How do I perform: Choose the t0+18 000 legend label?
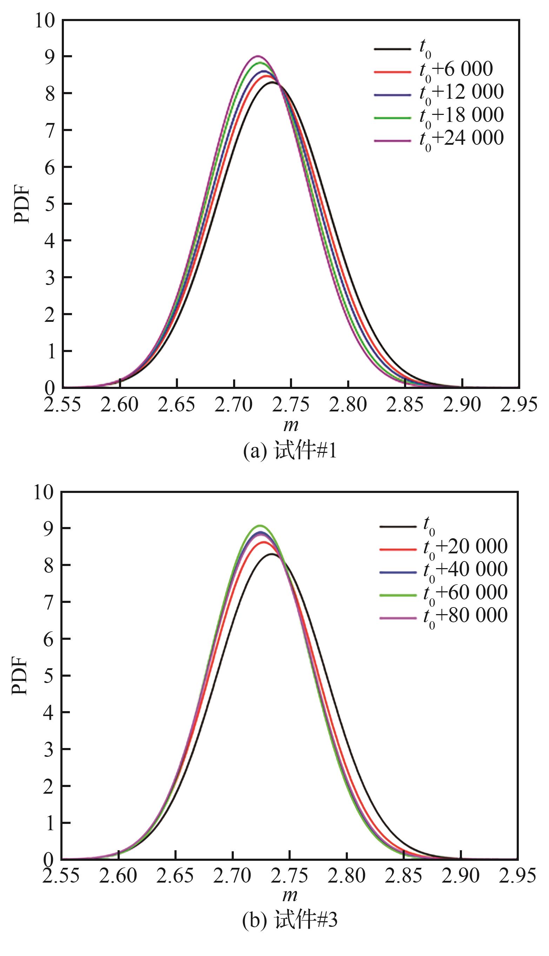point(461,116)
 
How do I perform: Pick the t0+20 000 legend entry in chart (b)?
point(465,547)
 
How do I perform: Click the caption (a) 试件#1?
point(290,450)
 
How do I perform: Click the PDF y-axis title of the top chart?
point(21,204)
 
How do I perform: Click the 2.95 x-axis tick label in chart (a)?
point(518,405)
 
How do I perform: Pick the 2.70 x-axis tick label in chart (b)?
point(232,876)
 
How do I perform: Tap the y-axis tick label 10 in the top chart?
point(45,20)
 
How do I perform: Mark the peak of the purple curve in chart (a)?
point(258,56)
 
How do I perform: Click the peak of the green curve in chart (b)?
point(260,526)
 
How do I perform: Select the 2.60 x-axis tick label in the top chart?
point(120,405)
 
